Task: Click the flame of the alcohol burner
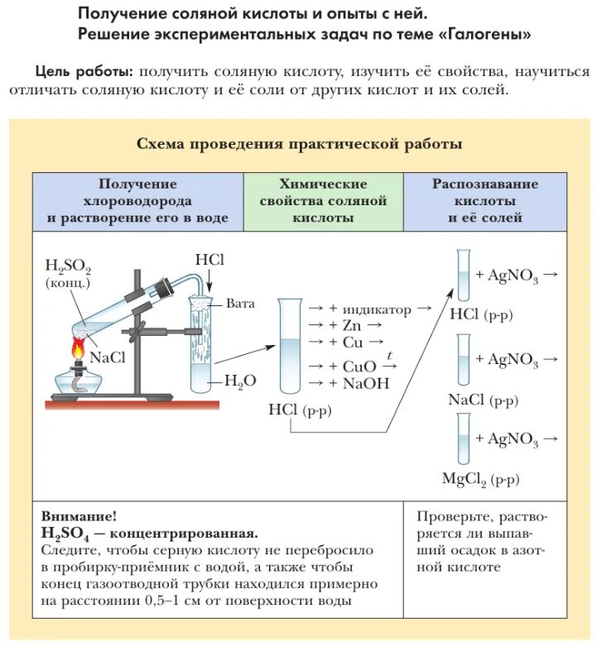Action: (x=79, y=347)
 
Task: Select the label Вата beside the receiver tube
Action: (x=240, y=304)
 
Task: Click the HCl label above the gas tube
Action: (x=210, y=260)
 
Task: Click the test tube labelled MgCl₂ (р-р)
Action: (x=463, y=439)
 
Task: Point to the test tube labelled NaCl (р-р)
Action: (x=463, y=359)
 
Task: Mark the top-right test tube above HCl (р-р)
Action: (x=463, y=275)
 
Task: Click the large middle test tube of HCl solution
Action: (x=288, y=346)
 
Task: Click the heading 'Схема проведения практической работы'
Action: (x=299, y=144)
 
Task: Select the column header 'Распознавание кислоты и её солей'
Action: (x=484, y=201)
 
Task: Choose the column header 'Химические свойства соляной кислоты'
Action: (x=323, y=201)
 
